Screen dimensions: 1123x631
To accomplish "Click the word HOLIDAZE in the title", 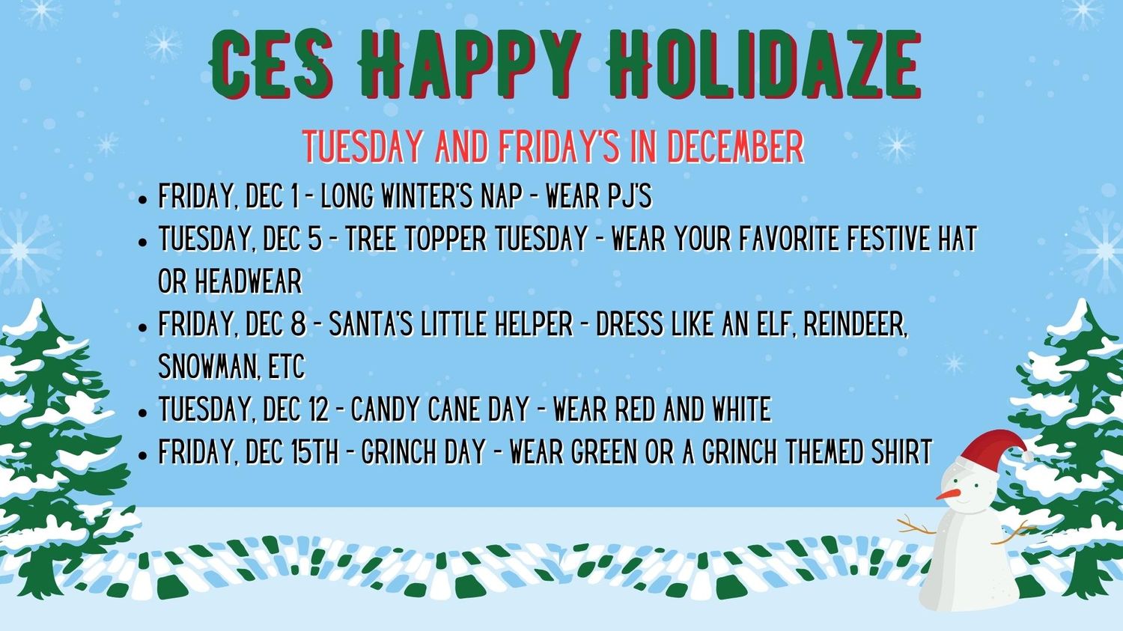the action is [x=763, y=64].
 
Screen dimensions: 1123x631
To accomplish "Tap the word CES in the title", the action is [x=271, y=64].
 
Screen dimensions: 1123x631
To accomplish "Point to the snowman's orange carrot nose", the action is [x=948, y=494].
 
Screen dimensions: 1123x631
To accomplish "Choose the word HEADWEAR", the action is [x=248, y=281].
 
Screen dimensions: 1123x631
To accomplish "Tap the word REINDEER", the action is [x=855, y=325].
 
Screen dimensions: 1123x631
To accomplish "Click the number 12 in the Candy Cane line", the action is [x=318, y=409].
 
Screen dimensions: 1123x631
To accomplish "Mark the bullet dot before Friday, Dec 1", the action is [x=143, y=199].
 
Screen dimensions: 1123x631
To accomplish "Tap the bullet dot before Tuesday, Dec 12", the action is [x=143, y=412].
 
